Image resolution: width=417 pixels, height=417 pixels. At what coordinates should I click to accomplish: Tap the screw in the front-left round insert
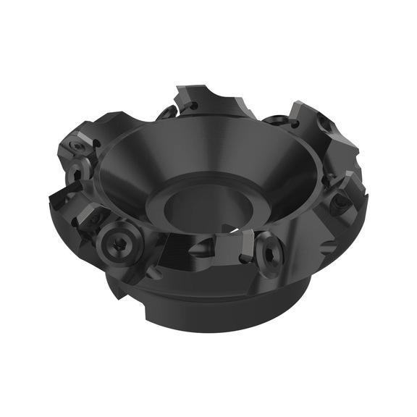(118, 243)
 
